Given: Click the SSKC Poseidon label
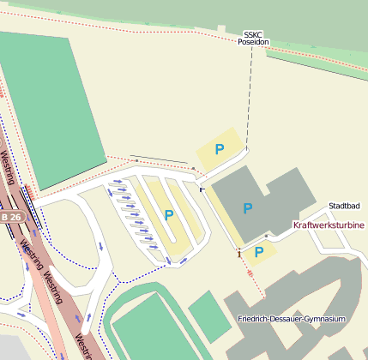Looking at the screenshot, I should coord(253,37).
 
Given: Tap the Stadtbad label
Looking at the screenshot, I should coord(345,207).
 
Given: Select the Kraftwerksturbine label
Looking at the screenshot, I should coord(329,225).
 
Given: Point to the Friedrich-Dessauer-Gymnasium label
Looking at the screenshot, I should coord(292,319).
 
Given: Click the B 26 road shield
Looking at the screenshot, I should coord(11,218).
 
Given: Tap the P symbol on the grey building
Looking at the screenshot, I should coord(248,208).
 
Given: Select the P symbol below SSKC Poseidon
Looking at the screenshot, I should coord(220,149).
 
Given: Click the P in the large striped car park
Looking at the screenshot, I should coord(169,215).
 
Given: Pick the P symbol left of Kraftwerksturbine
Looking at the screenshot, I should coord(259,252).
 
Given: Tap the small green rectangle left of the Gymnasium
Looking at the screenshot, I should coord(204,309).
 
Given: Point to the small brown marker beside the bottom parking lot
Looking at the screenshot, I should coord(238,253).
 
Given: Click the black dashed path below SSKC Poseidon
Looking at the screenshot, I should coord(249,94).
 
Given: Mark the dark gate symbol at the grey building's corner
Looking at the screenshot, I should coord(202,188).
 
